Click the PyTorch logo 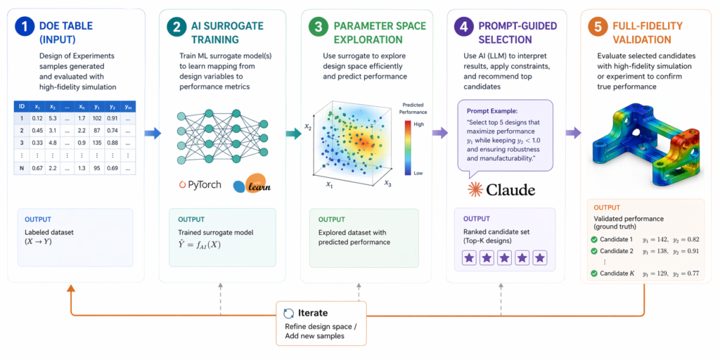200,185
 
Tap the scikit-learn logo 252,184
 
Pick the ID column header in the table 22,105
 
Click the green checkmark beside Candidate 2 595,250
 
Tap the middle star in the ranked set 504,258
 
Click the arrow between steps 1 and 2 151,132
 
